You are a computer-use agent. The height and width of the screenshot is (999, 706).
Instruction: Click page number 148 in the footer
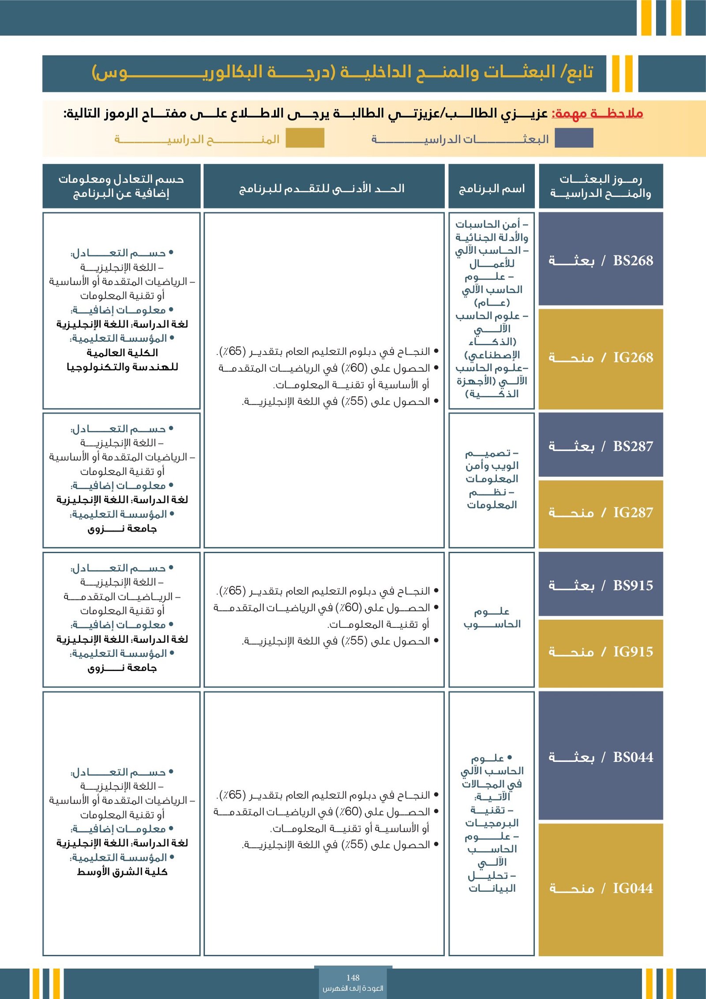click(x=353, y=977)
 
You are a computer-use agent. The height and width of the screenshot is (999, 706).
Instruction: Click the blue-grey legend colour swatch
click(x=574, y=138)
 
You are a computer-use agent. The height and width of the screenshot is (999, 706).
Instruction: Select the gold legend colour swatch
click(x=305, y=138)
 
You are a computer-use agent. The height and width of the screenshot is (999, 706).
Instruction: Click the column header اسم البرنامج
click(x=492, y=189)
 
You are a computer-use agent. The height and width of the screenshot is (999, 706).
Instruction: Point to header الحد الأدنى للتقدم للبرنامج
click(x=322, y=188)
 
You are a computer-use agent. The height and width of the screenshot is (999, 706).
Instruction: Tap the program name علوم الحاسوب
click(x=492, y=618)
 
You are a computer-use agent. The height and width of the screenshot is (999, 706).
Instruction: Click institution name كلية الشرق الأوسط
click(x=122, y=871)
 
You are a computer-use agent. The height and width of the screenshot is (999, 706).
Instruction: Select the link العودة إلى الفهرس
click(x=353, y=988)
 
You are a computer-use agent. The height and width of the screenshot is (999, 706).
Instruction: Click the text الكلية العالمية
click(x=122, y=352)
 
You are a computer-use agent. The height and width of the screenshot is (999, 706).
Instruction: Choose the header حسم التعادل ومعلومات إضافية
click(x=121, y=186)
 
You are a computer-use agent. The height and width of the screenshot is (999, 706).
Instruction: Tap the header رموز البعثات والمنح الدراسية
click(x=601, y=186)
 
